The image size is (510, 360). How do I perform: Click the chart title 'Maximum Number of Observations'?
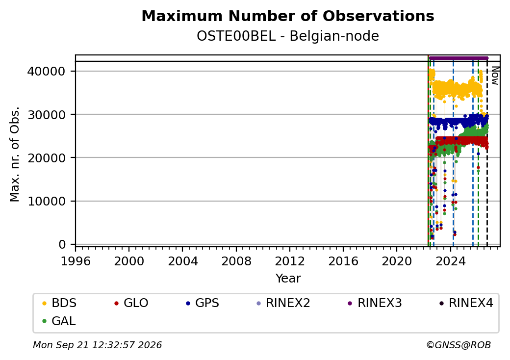tap(288, 16)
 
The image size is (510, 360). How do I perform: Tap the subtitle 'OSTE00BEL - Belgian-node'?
tap(288, 36)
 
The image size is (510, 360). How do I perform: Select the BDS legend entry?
tap(59, 303)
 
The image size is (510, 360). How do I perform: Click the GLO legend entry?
tap(131, 303)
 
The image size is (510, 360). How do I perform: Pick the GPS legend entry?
tap(203, 303)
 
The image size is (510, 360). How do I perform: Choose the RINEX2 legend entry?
tap(283, 303)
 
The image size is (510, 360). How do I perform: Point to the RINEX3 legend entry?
tap(375, 303)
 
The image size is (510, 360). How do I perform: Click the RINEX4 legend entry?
tap(466, 303)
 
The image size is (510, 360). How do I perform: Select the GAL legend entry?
tap(59, 321)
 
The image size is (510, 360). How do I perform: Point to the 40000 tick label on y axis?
tap(47, 71)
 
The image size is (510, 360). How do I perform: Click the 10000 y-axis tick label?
tap(47, 201)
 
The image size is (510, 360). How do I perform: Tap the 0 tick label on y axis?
tap(62, 245)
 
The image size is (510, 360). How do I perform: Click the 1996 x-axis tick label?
tap(76, 261)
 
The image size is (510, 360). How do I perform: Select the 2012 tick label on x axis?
tap(290, 261)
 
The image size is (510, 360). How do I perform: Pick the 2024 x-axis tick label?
tap(451, 261)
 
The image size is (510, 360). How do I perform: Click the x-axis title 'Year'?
tap(288, 279)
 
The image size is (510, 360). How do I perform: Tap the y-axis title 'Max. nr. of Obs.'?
tap(15, 154)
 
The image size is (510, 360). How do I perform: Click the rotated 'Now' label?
tap(495, 76)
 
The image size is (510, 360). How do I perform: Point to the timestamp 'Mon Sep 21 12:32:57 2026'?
tap(97, 345)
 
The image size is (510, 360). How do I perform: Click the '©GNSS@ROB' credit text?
tap(459, 345)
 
